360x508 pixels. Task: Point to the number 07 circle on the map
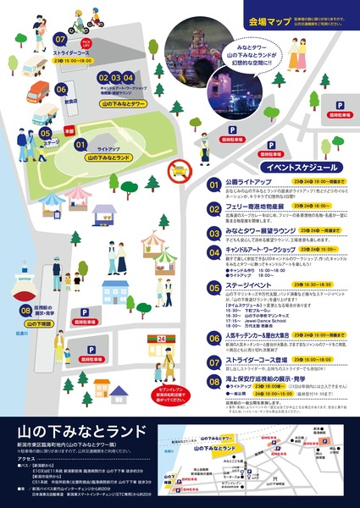pyautogui.click(x=59, y=39)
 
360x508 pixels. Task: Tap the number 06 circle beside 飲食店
pyautogui.click(x=61, y=87)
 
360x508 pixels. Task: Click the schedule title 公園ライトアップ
pyautogui.click(x=245, y=181)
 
